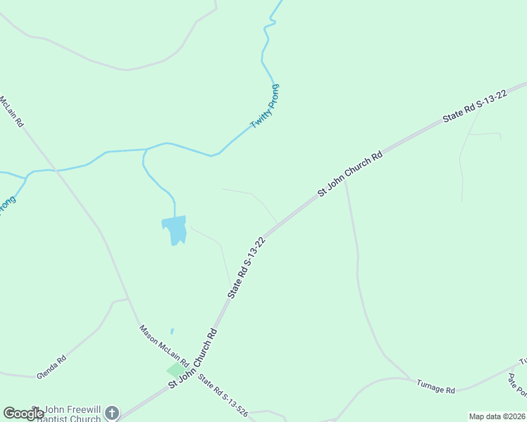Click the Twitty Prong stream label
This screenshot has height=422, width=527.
(266, 106)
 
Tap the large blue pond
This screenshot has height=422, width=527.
(175, 229)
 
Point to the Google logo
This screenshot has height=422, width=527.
(23, 414)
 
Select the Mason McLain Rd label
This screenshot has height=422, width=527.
(163, 345)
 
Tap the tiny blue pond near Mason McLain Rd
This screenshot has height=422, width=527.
(172, 331)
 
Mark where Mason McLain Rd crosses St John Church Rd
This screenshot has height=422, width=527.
(192, 366)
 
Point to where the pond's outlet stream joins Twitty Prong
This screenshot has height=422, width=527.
(145, 150)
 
